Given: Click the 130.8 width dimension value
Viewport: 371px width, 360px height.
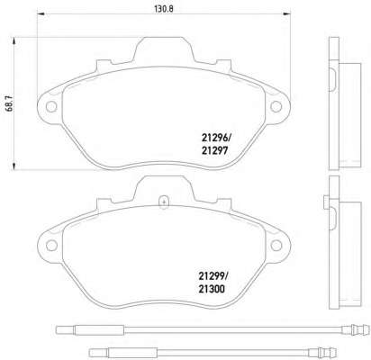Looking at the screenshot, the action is [x=164, y=9].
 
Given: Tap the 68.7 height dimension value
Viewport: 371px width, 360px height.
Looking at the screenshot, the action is [x=10, y=103].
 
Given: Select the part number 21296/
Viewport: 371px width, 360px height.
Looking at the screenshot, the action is [x=216, y=138].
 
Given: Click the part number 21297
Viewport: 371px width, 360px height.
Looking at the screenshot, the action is [x=214, y=150].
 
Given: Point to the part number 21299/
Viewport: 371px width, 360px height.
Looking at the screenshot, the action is [x=213, y=275].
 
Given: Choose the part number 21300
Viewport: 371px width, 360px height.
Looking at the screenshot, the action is [x=212, y=289].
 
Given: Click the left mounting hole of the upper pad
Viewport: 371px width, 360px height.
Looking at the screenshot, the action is [x=51, y=106].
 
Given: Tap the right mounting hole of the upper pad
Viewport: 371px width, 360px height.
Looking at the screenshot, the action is [x=276, y=106].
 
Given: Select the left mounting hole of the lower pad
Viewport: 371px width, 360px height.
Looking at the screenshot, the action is [x=51, y=246].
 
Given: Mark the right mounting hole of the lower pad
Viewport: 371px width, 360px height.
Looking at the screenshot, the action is [x=276, y=246].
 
